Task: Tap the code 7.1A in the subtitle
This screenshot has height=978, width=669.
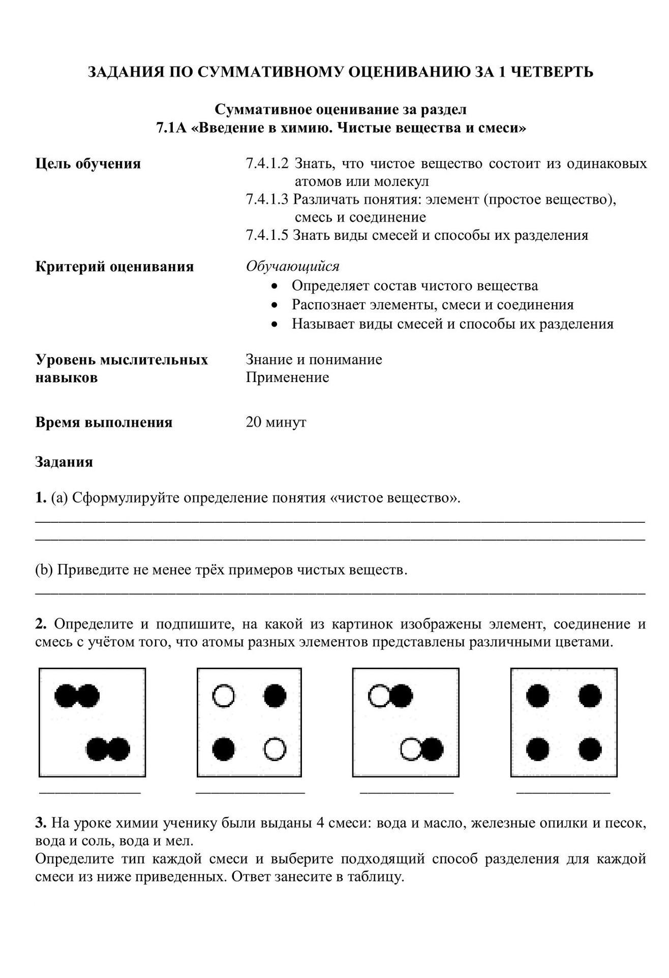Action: pos(172,128)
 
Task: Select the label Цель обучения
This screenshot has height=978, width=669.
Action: pos(88,164)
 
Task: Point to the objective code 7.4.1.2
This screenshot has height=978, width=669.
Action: pos(267,164)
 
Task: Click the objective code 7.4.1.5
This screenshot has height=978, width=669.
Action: pos(267,235)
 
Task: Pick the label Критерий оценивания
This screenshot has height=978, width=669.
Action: pos(114,266)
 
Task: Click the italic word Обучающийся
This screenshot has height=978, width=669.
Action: pos(292,266)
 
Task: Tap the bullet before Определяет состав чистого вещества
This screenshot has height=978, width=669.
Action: pos(275,287)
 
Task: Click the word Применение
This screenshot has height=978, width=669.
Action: pos(287,377)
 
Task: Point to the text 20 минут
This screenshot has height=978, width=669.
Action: pos(276,422)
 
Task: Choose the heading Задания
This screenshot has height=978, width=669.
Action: pos(64,462)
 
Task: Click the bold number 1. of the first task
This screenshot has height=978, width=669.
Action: pos(41,497)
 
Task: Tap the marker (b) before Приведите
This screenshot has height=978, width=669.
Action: pos(44,570)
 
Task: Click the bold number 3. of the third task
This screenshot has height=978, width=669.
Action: pos(41,823)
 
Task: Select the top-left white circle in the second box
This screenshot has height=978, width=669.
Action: pos(223,696)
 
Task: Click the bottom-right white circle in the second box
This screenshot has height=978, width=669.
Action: pos(275,749)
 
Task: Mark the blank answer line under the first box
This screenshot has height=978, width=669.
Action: pos(90,792)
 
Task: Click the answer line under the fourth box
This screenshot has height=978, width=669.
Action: pos(563,792)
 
